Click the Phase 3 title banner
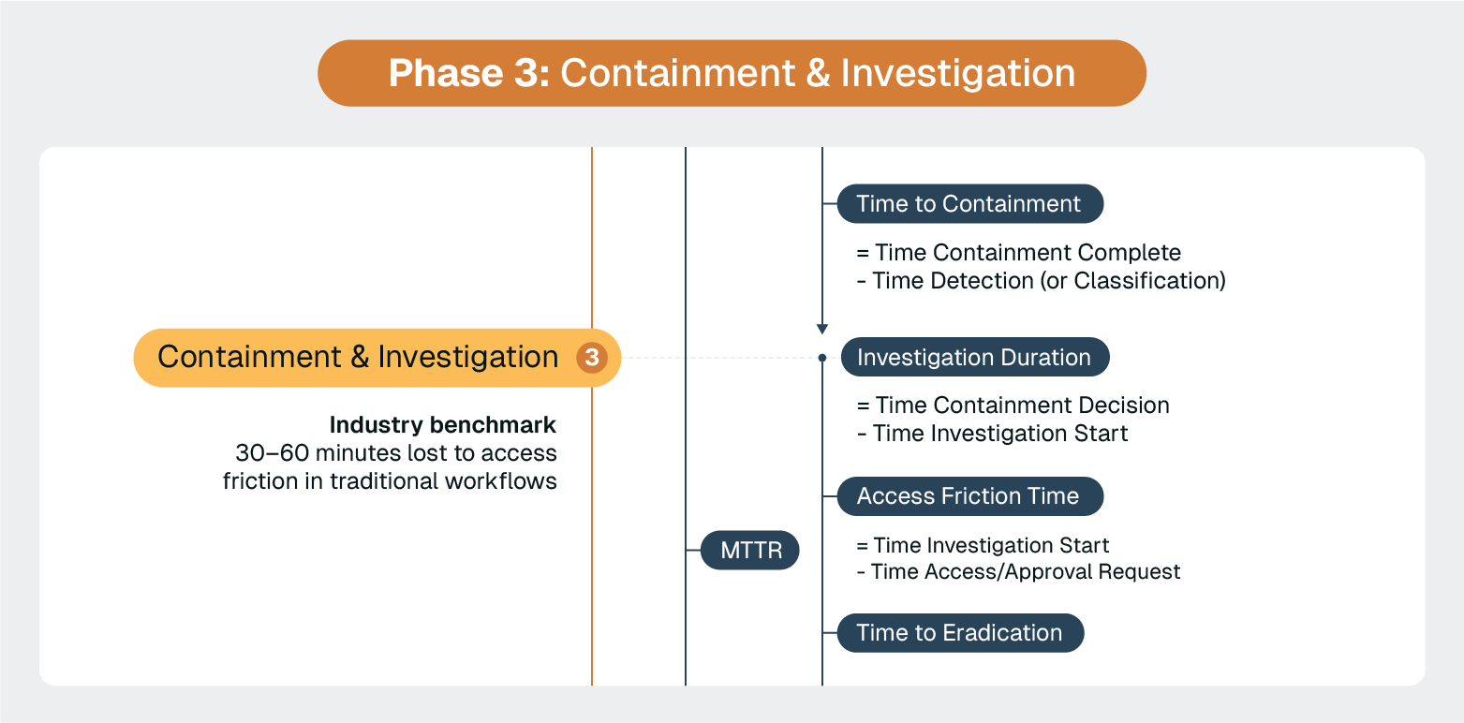coord(732,73)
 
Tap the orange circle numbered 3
coord(591,358)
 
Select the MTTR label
coord(750,550)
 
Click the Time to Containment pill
coord(969,204)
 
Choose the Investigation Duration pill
coord(974,358)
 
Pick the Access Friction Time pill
coord(969,496)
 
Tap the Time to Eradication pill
coord(959,633)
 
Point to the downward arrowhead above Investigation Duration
coord(822,329)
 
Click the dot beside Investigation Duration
coord(822,358)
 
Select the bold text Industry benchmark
coord(442,425)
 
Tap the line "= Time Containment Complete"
coord(1018,253)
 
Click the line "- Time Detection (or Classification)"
coord(1041,280)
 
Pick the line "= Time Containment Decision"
coord(1013,406)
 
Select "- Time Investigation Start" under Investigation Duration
coord(992,434)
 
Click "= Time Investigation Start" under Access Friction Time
coord(983,545)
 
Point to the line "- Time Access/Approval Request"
coord(1018,572)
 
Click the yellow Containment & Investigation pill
coord(358,358)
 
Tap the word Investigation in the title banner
coord(958,73)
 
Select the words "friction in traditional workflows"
coord(390,481)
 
